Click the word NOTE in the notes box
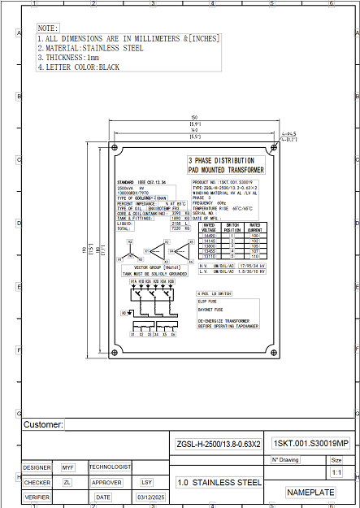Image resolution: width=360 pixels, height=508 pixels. click(48, 28)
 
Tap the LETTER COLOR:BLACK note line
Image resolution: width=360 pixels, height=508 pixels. click(78, 67)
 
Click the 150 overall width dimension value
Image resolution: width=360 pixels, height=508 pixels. click(194, 116)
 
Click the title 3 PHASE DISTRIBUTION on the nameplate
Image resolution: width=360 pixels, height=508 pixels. click(222, 161)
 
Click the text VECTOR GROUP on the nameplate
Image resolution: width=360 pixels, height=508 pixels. click(146, 267)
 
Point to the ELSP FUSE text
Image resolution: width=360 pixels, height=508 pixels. click(209, 302)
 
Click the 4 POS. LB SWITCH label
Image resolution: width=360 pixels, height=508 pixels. click(215, 293)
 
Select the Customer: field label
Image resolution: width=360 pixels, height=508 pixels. click(43, 425)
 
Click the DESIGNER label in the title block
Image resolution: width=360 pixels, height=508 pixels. click(37, 467)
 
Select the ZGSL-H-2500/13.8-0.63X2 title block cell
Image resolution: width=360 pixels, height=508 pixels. click(218, 445)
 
